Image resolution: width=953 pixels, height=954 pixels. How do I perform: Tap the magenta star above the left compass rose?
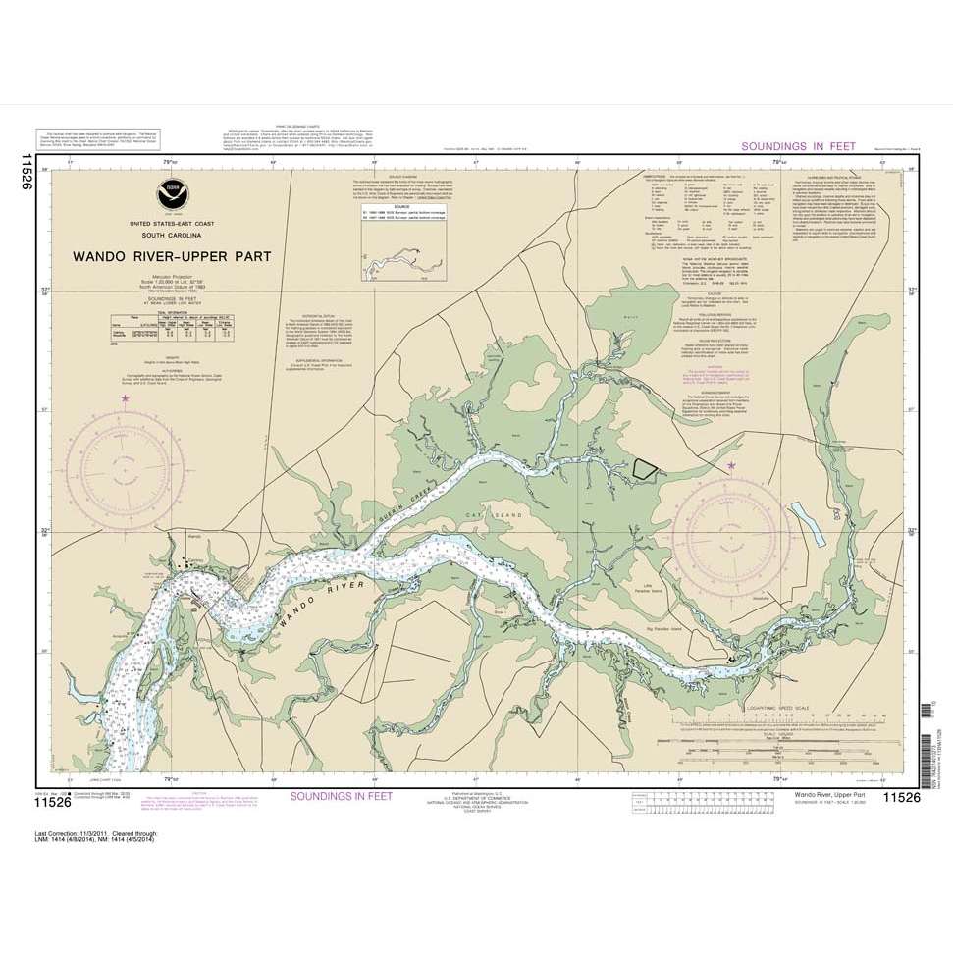coord(125,398)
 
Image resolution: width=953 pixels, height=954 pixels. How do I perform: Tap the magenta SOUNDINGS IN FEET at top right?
coord(798,146)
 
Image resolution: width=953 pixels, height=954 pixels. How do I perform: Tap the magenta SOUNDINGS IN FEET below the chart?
coord(341,796)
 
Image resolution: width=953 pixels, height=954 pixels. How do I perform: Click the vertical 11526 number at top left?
coord(26,171)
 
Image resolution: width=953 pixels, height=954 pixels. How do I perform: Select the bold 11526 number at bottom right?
coord(901,797)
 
